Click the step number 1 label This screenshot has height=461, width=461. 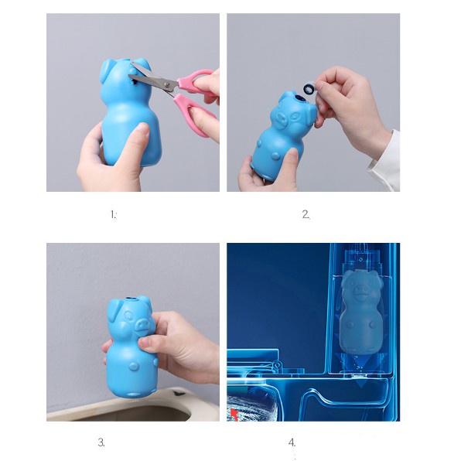[x=113, y=214]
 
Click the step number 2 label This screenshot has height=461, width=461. [x=306, y=214]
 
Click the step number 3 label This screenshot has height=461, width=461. [x=101, y=442]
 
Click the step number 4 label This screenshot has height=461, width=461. [x=292, y=442]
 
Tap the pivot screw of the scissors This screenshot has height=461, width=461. [x=168, y=84]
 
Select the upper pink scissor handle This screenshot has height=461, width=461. [x=196, y=79]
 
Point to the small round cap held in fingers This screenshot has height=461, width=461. [x=309, y=87]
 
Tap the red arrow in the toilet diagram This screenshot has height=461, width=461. [x=234, y=415]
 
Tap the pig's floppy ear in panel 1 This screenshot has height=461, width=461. [x=107, y=71]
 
